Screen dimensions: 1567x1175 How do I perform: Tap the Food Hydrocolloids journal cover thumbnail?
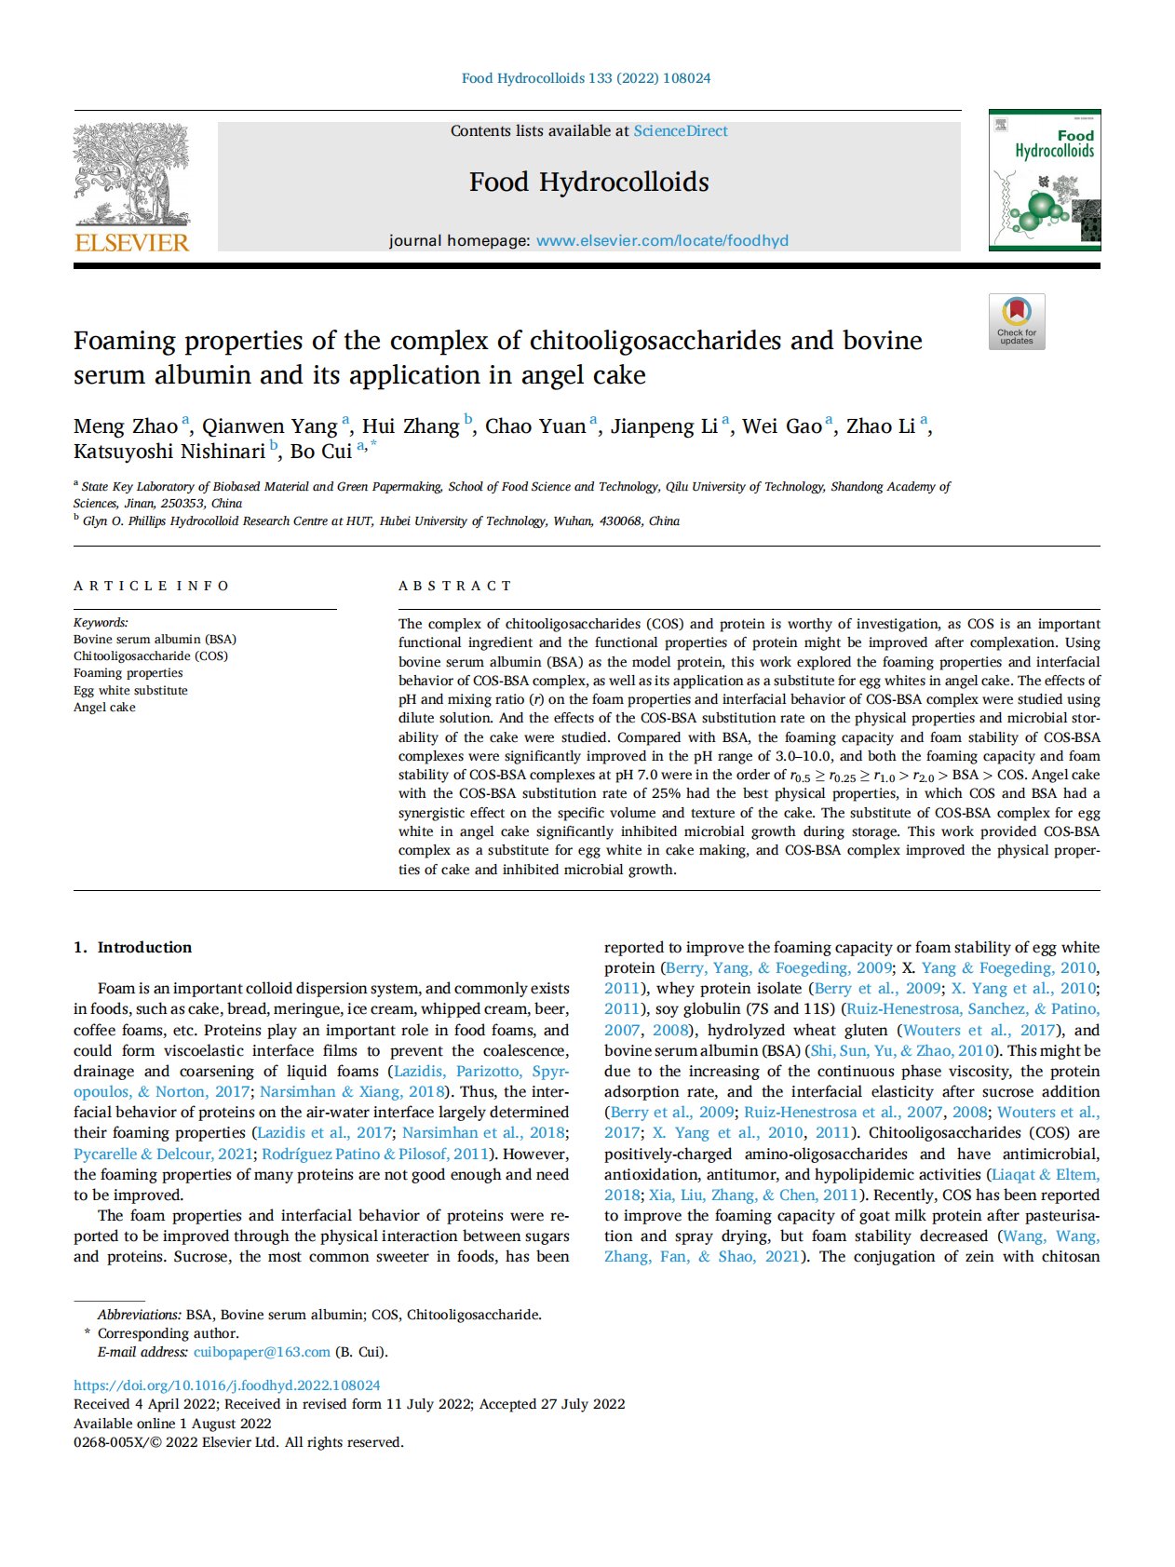[1044, 180]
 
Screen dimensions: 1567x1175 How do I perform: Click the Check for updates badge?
[1017, 321]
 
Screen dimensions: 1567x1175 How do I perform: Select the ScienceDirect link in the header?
[681, 131]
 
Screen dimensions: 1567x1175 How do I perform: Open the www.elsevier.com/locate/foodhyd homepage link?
[662, 240]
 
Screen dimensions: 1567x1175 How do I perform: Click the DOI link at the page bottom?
[227, 1385]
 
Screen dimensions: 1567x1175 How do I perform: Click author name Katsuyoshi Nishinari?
[169, 452]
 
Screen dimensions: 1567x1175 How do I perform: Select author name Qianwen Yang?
[270, 426]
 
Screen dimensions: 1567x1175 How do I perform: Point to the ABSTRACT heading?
[455, 586]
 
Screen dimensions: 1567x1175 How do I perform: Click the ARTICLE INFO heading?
[151, 586]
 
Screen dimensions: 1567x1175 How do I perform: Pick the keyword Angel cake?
[104, 708]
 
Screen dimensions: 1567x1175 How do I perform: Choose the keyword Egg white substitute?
[130, 691]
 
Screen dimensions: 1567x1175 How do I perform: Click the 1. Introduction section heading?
[133, 947]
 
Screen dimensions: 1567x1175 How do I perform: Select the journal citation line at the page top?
[586, 78]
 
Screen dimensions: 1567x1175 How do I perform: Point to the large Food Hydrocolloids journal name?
[588, 182]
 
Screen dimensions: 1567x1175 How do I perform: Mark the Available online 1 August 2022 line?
[172, 1424]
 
